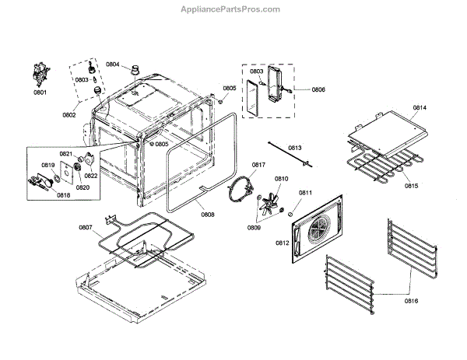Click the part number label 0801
tap(39, 93)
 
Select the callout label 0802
tap(70, 115)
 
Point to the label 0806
tap(318, 89)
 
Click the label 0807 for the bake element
tap(86, 227)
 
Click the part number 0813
tap(294, 148)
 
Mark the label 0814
tap(420, 107)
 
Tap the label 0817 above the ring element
tap(258, 164)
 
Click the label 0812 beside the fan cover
tap(282, 243)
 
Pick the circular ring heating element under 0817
tap(241, 190)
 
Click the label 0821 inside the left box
tap(66, 154)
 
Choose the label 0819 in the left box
tap(47, 165)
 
